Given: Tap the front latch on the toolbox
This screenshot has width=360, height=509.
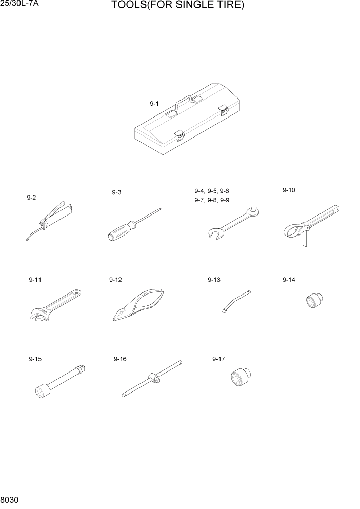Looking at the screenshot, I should tap(179, 134).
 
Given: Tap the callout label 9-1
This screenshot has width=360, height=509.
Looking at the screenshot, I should tap(154, 104).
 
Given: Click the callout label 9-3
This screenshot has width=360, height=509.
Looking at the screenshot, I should tap(116, 192).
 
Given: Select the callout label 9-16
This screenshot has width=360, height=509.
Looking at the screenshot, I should tap(120, 359).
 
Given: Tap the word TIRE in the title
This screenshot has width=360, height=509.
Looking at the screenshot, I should tap(228, 6).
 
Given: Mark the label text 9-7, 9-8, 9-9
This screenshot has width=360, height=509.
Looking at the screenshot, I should tap(212, 200).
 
